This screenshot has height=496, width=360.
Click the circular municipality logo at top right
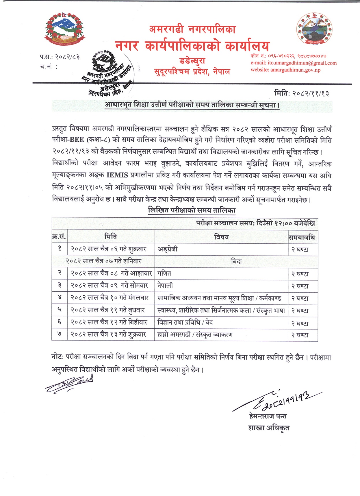[314, 28]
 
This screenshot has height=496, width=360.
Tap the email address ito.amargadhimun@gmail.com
[293, 63]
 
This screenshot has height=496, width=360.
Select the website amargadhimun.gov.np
[285, 70]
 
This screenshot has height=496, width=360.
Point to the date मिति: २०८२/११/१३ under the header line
[301, 93]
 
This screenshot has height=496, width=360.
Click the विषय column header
[221, 237]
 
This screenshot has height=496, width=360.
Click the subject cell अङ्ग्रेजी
[168, 249]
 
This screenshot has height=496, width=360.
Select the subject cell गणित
[164, 273]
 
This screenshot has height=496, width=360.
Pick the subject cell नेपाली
[165, 286]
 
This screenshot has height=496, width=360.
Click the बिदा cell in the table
[236, 262]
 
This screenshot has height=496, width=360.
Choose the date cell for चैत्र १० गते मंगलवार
[110, 298]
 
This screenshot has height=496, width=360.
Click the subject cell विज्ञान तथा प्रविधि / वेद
[185, 322]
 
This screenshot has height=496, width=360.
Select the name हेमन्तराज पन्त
[268, 416]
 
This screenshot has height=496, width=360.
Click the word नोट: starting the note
[57, 357]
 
